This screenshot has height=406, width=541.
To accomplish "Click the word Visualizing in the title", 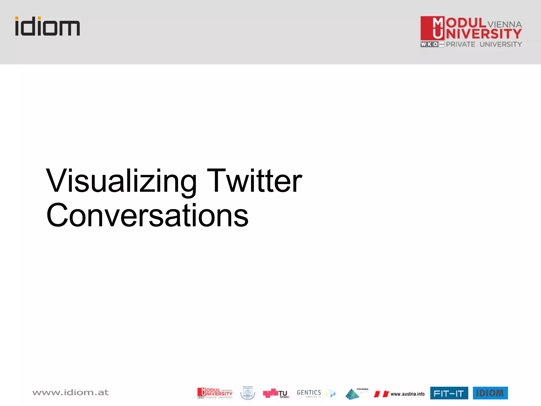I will point(121,182).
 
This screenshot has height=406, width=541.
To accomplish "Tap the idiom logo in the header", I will point(48,26).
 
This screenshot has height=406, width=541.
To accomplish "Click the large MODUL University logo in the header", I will point(471,32).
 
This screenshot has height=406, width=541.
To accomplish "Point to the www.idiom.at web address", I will point(71,393).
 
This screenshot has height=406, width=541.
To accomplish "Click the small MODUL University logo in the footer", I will point(215,393).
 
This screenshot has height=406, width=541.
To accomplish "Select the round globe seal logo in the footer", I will point(248,393).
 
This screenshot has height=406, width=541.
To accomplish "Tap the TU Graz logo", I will point(276,393).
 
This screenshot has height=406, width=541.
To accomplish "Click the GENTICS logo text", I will point(309,393).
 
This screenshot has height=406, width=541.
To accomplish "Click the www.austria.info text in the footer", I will point(408,394).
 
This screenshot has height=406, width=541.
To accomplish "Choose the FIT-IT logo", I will point(449,393).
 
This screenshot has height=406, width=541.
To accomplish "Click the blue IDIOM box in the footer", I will point(490,393).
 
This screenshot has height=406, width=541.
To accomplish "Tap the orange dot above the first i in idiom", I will point(17,18).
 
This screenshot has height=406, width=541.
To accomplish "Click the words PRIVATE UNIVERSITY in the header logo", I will point(484,44).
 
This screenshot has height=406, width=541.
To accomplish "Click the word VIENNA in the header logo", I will point(505,25).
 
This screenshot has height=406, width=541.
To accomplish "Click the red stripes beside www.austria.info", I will point(381,394).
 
